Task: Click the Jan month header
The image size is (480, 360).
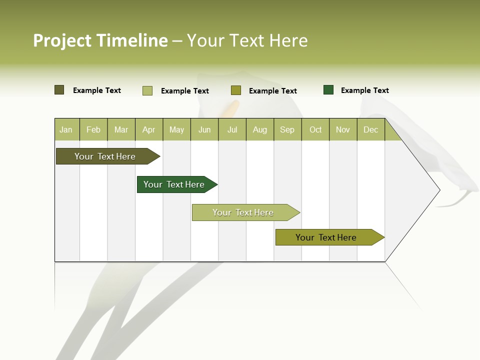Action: (66, 129)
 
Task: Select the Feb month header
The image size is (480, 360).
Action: (93, 129)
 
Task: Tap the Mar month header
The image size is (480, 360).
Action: (121, 129)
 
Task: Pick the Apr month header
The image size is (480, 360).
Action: (149, 129)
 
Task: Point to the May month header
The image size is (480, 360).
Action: (176, 129)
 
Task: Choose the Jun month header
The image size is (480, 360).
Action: (204, 129)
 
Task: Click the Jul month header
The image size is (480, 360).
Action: (232, 129)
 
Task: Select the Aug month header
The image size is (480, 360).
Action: (260, 129)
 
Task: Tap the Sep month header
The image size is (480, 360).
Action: (287, 129)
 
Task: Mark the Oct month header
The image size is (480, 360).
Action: (315, 129)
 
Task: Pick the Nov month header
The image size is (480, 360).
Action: (343, 129)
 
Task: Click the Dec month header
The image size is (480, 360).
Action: (371, 129)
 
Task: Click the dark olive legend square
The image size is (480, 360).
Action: (59, 90)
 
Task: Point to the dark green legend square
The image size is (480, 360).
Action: (328, 90)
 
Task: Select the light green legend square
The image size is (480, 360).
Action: (147, 90)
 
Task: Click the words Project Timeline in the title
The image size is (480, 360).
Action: (100, 40)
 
